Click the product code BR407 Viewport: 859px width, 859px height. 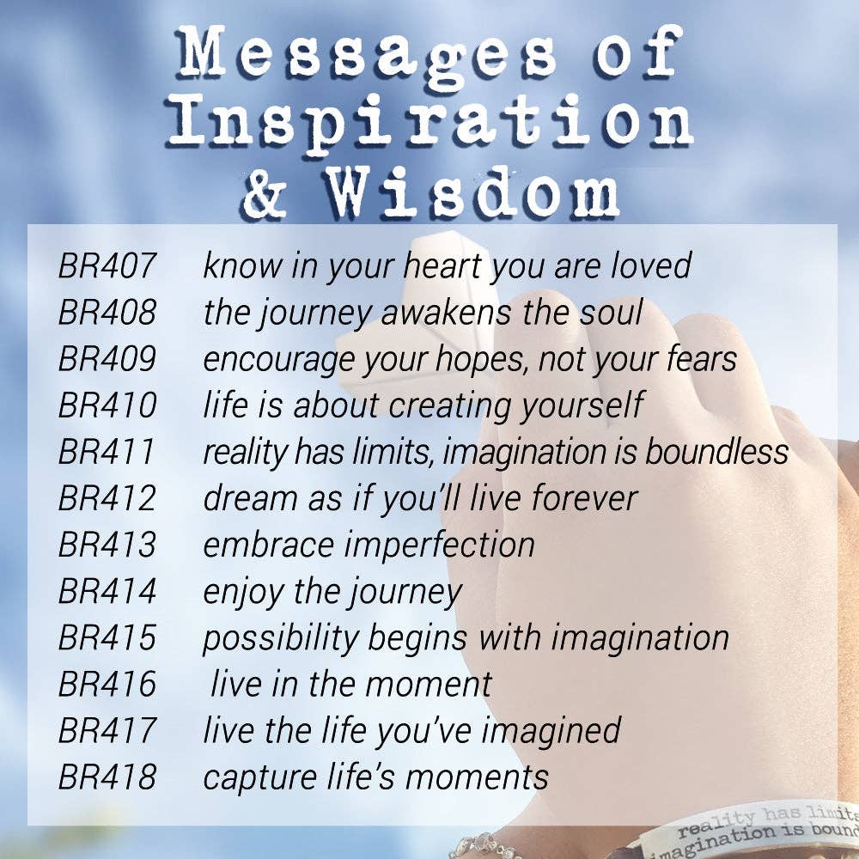(x=107, y=265)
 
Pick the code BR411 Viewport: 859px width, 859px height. (x=107, y=452)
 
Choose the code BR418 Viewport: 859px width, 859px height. (x=107, y=777)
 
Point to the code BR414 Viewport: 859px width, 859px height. (x=107, y=591)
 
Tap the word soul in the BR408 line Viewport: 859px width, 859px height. (x=611, y=312)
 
